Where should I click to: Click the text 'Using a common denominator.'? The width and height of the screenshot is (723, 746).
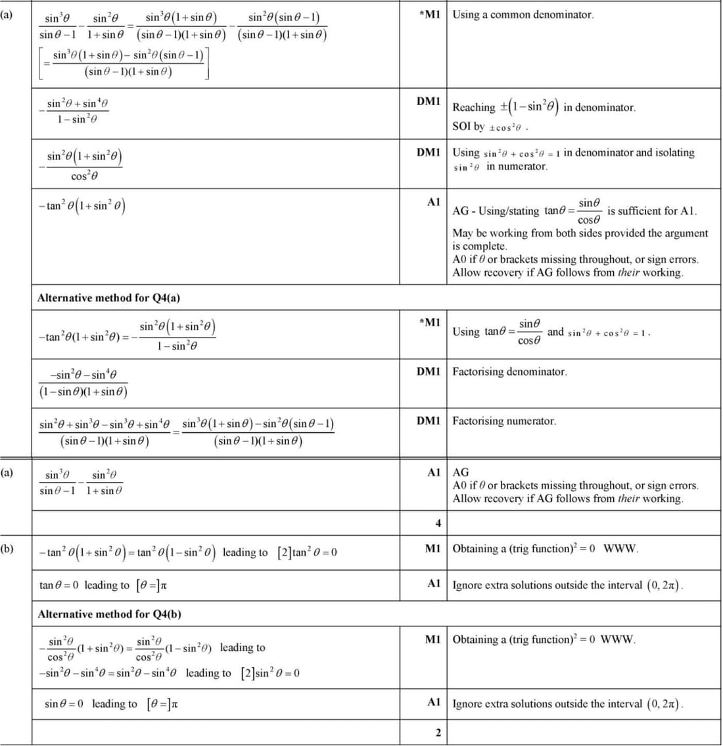(x=523, y=14)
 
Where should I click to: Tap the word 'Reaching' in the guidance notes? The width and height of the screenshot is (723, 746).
(x=473, y=107)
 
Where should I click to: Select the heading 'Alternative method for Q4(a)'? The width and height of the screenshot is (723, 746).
(x=108, y=298)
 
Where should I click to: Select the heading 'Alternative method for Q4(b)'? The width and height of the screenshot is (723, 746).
(x=109, y=615)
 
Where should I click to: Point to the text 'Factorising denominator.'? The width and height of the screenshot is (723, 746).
(x=509, y=372)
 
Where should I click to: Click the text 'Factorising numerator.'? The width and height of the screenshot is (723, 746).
(x=504, y=421)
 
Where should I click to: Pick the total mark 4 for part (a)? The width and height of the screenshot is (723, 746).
(x=438, y=523)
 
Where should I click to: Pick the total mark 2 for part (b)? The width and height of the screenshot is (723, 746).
(x=438, y=733)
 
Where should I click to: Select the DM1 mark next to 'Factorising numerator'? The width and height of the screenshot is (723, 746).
(x=429, y=421)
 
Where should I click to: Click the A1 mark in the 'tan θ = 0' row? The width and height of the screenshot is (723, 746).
(x=434, y=584)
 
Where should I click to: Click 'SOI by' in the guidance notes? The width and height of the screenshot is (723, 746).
(x=468, y=126)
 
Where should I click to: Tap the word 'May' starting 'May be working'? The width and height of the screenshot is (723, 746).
(x=463, y=233)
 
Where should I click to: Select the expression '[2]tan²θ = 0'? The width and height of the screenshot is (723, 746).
(x=307, y=552)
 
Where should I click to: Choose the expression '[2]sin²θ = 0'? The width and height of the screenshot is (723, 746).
(x=270, y=673)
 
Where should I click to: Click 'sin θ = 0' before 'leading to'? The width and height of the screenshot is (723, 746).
(x=64, y=704)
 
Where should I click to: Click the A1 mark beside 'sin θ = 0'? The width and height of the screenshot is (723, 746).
(x=434, y=702)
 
